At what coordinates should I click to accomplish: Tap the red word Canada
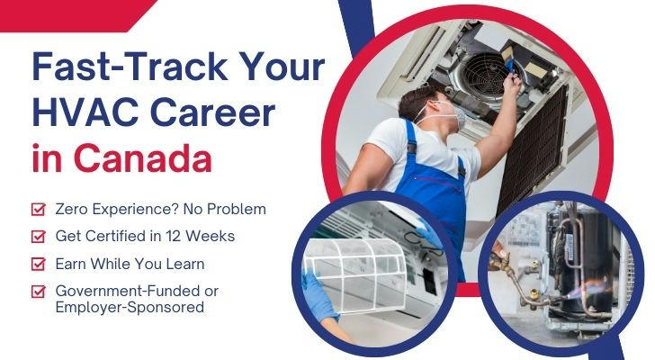[x=143, y=158]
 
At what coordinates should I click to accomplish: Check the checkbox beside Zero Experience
[x=39, y=209]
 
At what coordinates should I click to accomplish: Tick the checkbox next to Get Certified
[x=39, y=237]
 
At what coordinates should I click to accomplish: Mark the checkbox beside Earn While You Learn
[x=39, y=264]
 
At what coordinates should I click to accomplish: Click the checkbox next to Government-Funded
[x=39, y=291]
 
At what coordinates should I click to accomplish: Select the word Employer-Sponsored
[x=130, y=308]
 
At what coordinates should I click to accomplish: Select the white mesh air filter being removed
[x=355, y=274]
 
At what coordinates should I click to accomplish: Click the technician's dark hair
[x=416, y=100]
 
